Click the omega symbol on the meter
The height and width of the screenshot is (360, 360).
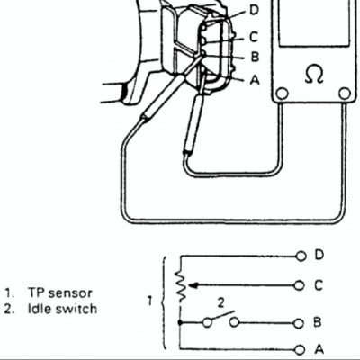314,75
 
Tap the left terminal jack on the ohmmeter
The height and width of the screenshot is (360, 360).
282,94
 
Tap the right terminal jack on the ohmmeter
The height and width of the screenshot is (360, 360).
345,94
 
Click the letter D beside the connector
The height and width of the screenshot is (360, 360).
254,10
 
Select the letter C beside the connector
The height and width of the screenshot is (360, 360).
254,38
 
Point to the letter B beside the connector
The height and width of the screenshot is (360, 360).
255,57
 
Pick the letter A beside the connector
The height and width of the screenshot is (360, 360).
255,80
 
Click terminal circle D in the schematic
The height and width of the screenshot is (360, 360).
301,256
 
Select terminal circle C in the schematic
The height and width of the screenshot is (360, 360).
299,285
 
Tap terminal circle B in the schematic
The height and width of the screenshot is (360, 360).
299,323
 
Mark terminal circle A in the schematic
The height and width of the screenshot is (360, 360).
299,350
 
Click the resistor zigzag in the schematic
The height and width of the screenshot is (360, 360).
181,285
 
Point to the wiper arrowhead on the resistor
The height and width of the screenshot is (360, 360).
193,285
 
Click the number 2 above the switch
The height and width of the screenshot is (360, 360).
220,303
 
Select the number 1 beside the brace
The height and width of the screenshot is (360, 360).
150,301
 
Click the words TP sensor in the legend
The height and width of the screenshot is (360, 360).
60,292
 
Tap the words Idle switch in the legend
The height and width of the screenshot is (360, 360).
62,309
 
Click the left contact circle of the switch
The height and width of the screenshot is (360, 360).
207,323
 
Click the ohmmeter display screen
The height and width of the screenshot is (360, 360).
314,22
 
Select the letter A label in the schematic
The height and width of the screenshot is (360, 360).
319,349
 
